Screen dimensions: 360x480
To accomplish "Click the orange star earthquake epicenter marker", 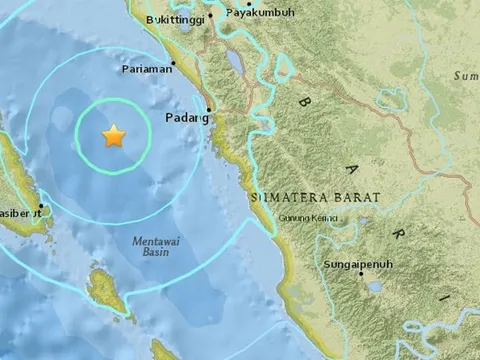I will (114, 136).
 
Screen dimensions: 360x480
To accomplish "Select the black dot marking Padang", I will (208, 110).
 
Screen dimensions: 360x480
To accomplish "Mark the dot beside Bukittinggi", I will (211, 15).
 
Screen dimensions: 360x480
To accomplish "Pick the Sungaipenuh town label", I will (357, 264).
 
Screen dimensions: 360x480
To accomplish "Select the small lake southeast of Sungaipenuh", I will (374, 288).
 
